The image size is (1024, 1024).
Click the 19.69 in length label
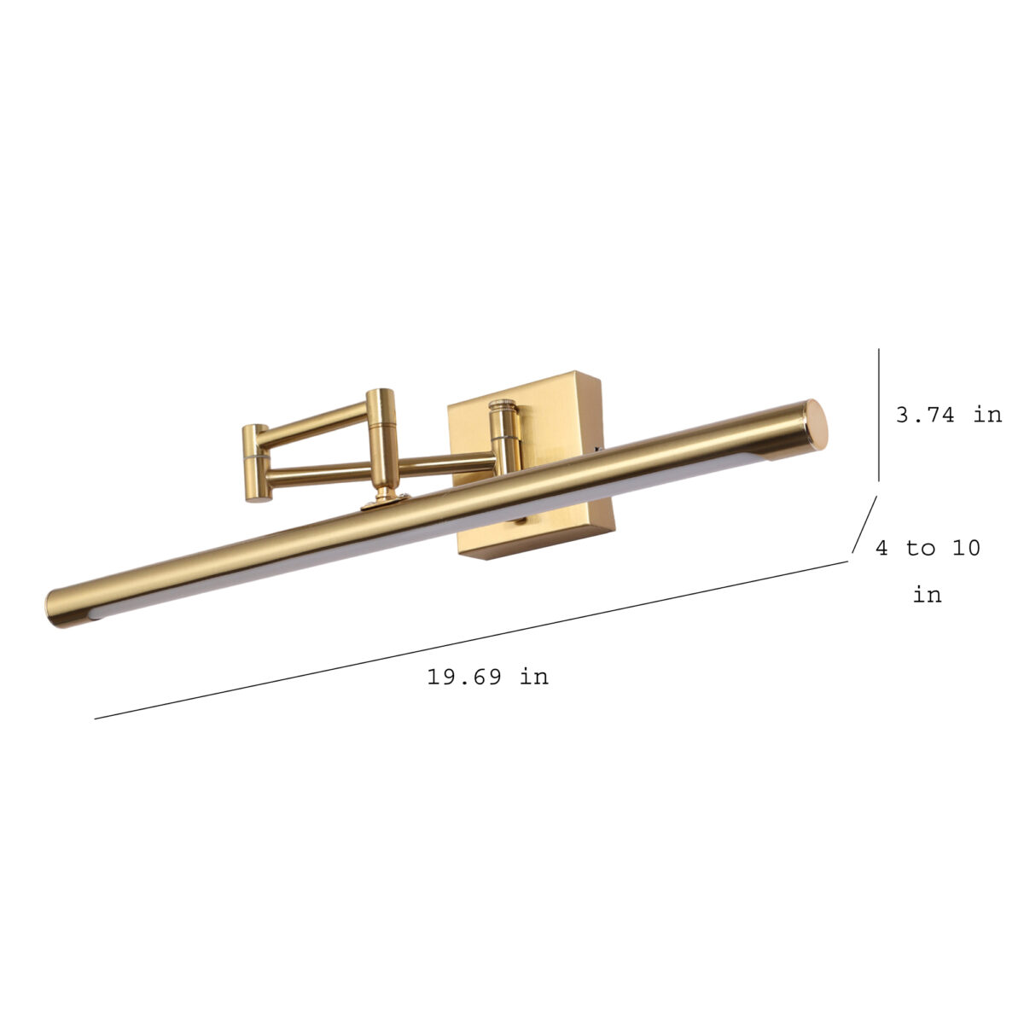[x=488, y=677]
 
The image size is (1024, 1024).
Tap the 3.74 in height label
[x=949, y=415]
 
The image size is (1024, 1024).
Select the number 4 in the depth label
[x=881, y=548]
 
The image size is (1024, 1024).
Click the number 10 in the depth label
[x=966, y=548]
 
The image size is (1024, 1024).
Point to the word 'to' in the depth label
[x=921, y=548]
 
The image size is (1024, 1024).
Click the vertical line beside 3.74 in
[x=878, y=416]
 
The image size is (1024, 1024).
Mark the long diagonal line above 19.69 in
[x=471, y=640]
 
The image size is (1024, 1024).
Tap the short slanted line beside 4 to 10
[x=864, y=525]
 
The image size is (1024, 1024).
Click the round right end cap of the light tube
[x=815, y=425]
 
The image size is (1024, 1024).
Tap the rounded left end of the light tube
[x=59, y=608]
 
